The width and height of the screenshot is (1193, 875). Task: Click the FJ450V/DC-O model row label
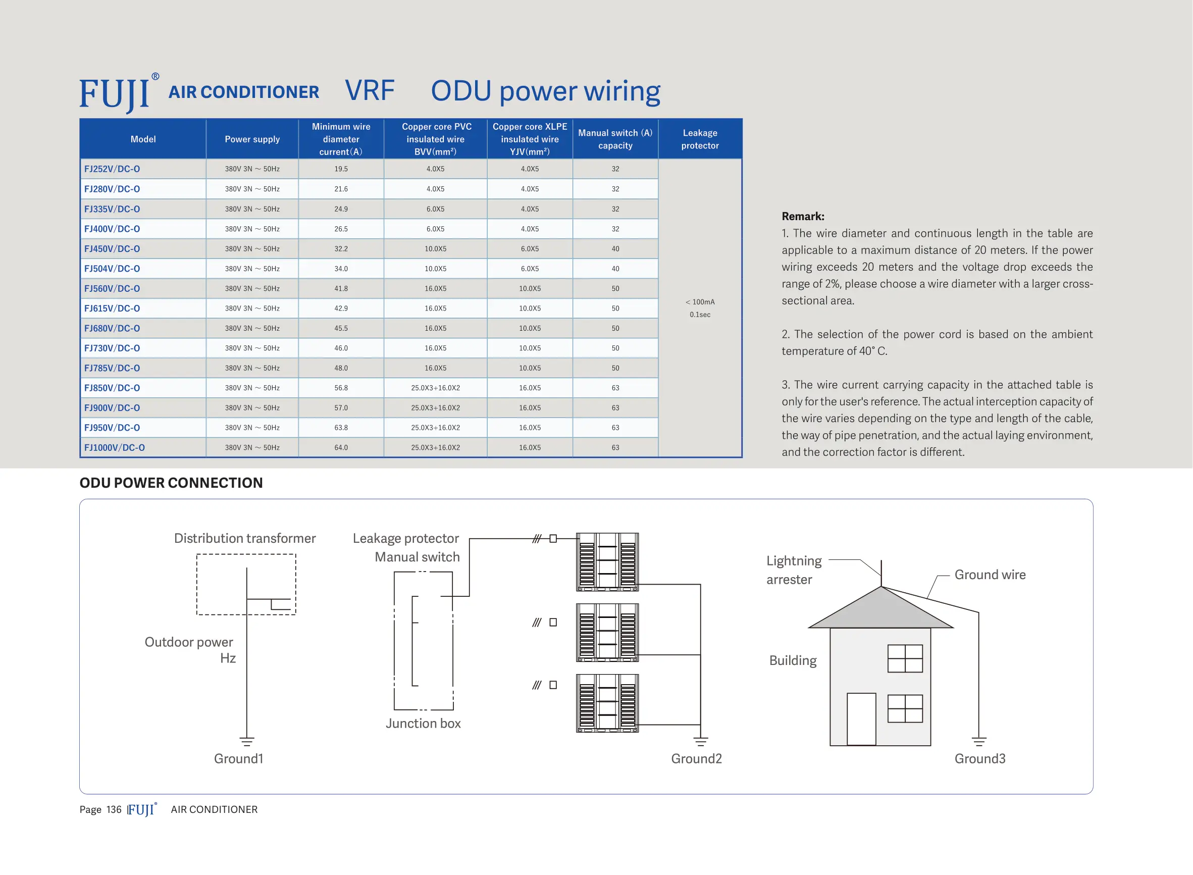coord(112,249)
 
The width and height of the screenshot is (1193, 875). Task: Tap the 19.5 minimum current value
coord(341,169)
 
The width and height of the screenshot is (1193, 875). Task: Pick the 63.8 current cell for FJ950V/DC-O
coord(341,428)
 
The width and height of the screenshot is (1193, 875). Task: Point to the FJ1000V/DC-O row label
coord(115,447)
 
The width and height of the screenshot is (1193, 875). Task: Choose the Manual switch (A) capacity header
coord(615,139)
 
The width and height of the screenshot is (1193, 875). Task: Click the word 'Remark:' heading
coord(803,216)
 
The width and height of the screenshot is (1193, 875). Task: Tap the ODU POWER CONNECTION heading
coord(171,483)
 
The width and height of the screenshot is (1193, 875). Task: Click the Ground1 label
coord(238,758)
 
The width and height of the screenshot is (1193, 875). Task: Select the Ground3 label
coord(979,758)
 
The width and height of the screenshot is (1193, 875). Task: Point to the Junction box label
coord(423,724)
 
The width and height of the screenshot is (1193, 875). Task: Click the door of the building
coord(861,719)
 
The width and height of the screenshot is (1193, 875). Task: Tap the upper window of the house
coord(905,658)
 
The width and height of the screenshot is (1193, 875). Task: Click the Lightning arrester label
coord(794,570)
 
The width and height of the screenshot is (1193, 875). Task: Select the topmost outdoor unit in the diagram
coord(607,562)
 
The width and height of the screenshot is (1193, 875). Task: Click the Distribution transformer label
coord(245,538)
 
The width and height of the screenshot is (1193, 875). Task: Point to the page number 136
coord(114,809)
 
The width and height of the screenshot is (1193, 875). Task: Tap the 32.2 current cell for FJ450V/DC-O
coord(341,249)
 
